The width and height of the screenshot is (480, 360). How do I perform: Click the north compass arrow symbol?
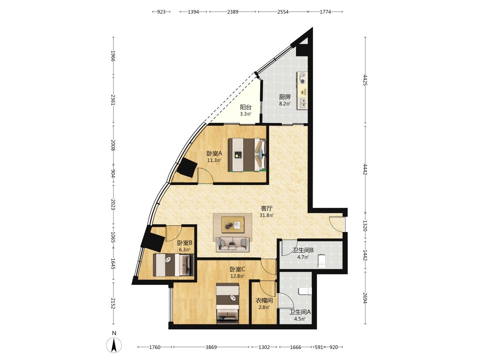[x=114, y=345]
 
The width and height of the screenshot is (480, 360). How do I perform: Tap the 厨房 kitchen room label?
[x=285, y=97]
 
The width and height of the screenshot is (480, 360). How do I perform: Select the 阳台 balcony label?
[x=246, y=107]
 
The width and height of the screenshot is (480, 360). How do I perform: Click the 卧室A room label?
[x=214, y=153]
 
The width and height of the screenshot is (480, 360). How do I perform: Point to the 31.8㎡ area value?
[x=267, y=215]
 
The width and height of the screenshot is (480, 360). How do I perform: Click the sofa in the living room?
[x=233, y=244]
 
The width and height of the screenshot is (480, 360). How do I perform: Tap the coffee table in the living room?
[x=233, y=225]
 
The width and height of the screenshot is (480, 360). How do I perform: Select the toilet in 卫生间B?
[x=322, y=261]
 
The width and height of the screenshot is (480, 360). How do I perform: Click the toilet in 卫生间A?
[x=305, y=291]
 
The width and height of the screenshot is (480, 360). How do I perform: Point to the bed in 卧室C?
[x=227, y=303]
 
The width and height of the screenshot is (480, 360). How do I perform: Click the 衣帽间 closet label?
[x=264, y=301]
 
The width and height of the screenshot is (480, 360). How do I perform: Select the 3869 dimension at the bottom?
[x=211, y=347]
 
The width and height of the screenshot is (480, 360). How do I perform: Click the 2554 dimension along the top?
[x=283, y=12]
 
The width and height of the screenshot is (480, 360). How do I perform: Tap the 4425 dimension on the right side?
[x=365, y=80]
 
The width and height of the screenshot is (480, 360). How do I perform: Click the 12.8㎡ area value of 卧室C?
[x=237, y=276]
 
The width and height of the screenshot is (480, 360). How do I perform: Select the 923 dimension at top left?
[x=161, y=12]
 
